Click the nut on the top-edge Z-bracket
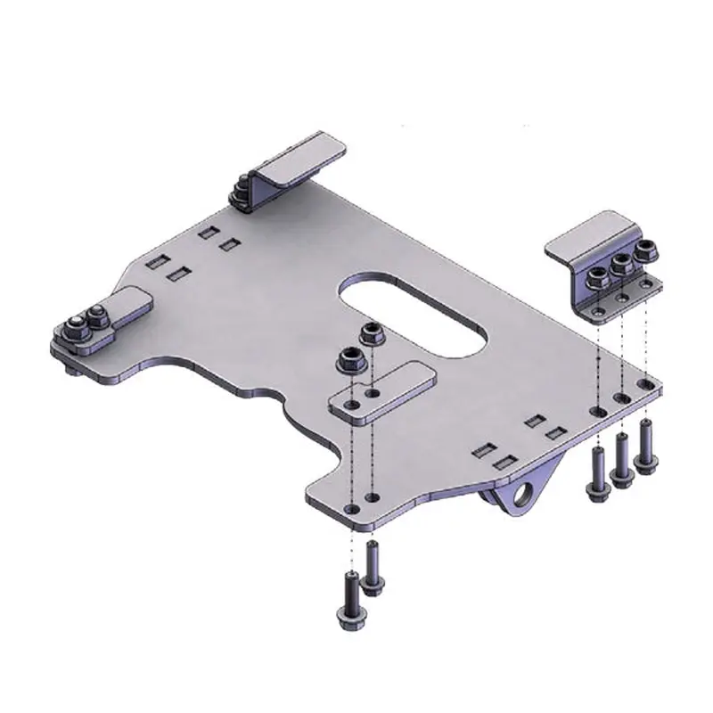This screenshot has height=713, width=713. point(242,190)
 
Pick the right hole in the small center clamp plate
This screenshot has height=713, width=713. point(375,392)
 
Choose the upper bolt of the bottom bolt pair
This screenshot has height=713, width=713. point(373,567)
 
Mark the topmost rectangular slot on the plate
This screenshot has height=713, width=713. point(207,233)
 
